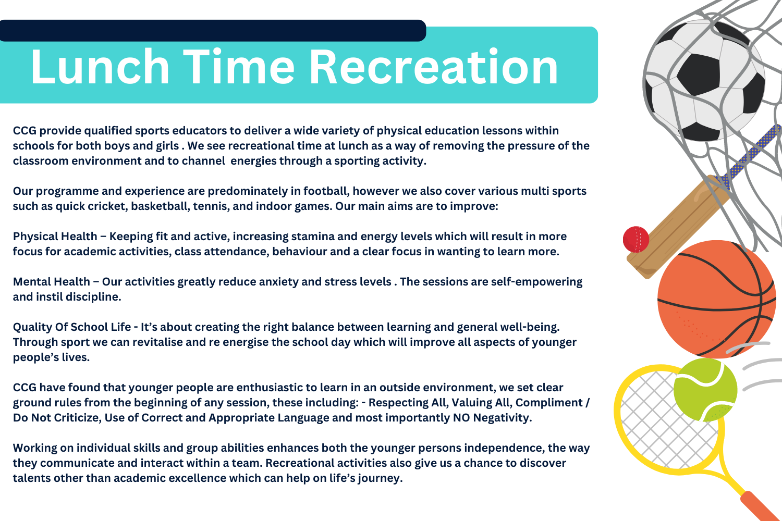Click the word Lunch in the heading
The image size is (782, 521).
tap(100, 67)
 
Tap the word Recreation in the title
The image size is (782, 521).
tap(434, 67)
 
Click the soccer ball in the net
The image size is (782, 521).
tap(704, 81)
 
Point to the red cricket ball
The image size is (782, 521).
tap(636, 239)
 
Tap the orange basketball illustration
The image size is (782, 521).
tap(716, 299)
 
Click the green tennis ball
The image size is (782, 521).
tap(705, 390)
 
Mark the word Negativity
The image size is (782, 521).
tap(503, 418)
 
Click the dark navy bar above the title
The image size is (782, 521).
tap(213, 31)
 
